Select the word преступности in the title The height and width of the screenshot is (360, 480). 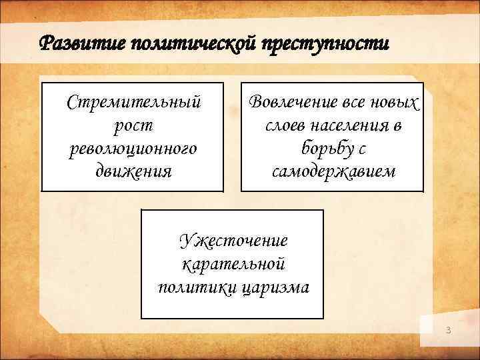coord(325,45)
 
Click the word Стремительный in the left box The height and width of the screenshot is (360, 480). coord(133,103)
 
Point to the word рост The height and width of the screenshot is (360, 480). coord(133,125)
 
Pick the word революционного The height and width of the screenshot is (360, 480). coord(133,148)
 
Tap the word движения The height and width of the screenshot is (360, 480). coord(133,171)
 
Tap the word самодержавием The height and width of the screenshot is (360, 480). coord(333,171)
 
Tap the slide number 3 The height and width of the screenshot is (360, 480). coord(449,331)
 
